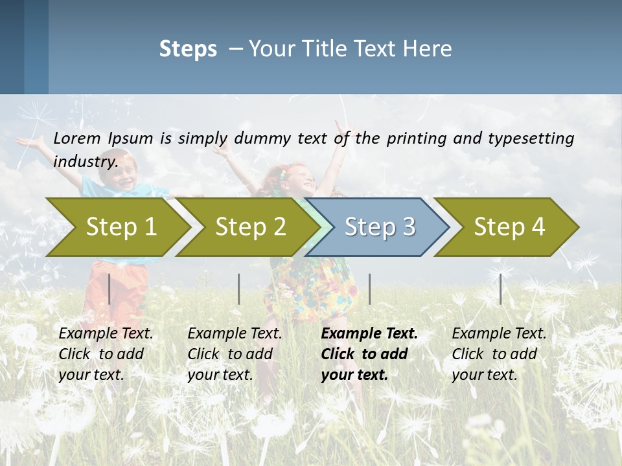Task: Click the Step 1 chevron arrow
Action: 120,227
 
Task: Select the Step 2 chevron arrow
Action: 249,227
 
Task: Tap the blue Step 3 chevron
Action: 379,227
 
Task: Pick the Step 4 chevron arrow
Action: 509,227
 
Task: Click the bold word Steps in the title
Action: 188,49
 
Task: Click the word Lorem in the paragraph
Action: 77,138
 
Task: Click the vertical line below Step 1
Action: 109,289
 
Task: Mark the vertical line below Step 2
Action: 239,289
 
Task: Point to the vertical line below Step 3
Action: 369,289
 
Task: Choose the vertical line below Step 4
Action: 500,289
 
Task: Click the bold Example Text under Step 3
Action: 369,334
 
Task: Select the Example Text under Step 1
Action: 106,334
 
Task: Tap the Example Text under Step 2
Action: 235,334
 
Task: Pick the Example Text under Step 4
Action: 499,334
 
